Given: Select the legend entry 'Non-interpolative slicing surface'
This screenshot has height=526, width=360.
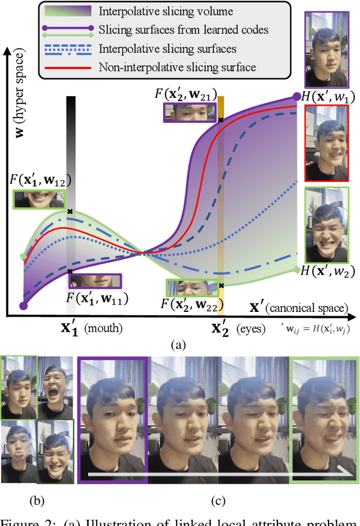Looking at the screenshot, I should point(177,68).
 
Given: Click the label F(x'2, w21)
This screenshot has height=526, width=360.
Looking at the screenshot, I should point(184,93).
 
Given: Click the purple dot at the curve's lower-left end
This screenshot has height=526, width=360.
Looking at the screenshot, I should point(23,306).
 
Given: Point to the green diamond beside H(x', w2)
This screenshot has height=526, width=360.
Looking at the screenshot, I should point(296,270).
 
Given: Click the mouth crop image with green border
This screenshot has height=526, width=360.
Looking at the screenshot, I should point(39,199).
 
